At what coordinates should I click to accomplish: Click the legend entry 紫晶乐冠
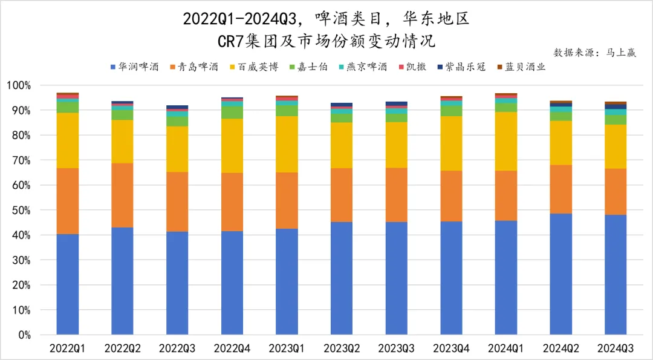[x=465, y=67]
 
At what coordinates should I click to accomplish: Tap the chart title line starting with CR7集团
[x=326, y=41]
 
